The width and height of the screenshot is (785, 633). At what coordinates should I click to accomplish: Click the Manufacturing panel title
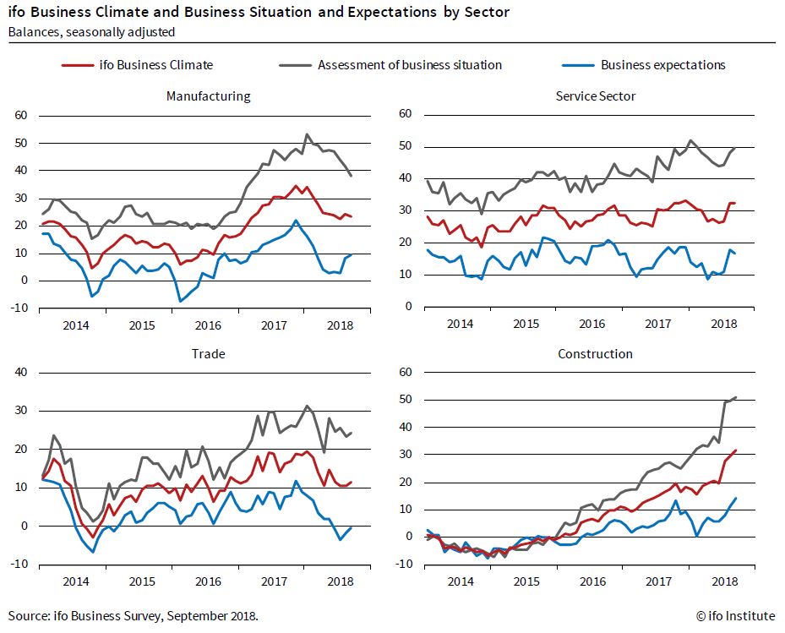(x=208, y=95)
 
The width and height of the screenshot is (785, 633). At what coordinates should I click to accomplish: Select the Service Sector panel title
(x=595, y=95)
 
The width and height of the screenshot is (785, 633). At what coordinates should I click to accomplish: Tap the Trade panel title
(x=208, y=353)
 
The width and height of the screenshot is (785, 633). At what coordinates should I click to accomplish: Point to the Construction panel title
(x=595, y=353)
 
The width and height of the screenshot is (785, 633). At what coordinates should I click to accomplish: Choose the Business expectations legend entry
(x=662, y=64)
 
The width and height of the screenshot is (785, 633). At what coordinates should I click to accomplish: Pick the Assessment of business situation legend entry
(x=410, y=64)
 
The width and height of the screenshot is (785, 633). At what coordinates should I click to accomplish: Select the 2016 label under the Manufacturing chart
(x=208, y=324)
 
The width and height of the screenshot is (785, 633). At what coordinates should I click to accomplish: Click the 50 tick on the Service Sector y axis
(x=405, y=146)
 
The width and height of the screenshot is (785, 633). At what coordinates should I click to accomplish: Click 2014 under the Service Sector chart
(x=460, y=324)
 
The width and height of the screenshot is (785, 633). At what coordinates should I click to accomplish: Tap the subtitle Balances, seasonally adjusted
(x=91, y=32)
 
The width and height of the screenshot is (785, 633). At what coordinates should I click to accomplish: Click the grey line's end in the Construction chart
(x=736, y=396)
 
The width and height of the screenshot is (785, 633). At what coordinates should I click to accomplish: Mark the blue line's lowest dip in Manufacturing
(x=179, y=301)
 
